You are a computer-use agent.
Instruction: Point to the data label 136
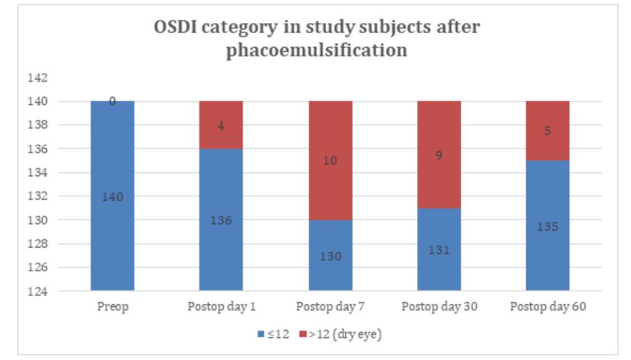coord(221,221)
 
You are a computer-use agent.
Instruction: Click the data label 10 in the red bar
coord(330,161)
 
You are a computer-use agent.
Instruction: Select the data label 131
coord(439,251)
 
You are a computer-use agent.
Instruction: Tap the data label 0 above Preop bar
coord(112,101)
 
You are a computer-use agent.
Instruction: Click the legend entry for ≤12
coord(274,334)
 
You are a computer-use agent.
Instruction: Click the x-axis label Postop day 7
coord(330,307)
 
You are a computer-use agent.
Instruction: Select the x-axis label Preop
coord(112,307)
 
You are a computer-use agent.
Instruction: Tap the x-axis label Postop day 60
coord(547,307)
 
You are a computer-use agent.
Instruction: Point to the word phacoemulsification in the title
coord(317,50)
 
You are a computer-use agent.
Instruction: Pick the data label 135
coord(547,227)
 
